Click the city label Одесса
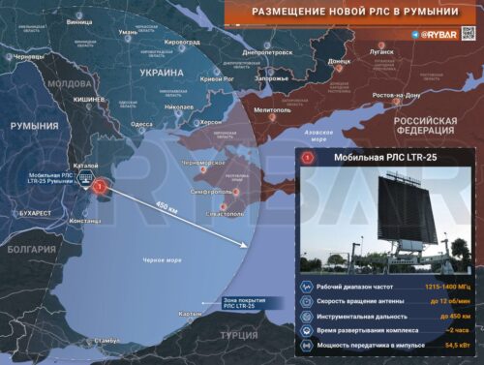point(141,124)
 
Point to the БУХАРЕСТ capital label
point(35,212)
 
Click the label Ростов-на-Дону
point(396,95)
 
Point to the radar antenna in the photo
point(406,208)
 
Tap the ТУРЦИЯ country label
point(238,335)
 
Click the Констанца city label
point(85,221)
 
